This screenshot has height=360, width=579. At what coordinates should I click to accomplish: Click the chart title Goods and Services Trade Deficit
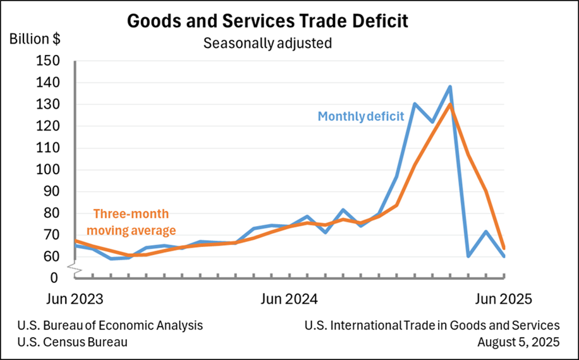[x=267, y=20]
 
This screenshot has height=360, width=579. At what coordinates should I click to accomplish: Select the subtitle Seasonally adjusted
[x=267, y=44]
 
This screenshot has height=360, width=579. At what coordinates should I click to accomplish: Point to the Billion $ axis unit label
[x=35, y=38]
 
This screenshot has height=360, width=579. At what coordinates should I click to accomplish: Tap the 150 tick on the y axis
[x=49, y=61]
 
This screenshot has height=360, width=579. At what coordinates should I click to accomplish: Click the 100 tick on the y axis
[x=49, y=170]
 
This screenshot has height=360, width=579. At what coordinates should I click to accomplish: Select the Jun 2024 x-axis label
[x=289, y=298]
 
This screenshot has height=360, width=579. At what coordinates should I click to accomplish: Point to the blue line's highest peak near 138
[x=450, y=87]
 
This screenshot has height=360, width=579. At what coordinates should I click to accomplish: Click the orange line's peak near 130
[x=450, y=104]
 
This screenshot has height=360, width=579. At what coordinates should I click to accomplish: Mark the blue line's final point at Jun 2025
[x=504, y=256]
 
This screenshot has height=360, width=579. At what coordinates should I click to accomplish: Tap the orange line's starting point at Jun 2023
[x=75, y=241]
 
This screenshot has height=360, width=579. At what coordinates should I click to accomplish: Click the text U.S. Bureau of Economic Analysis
[x=111, y=325]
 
